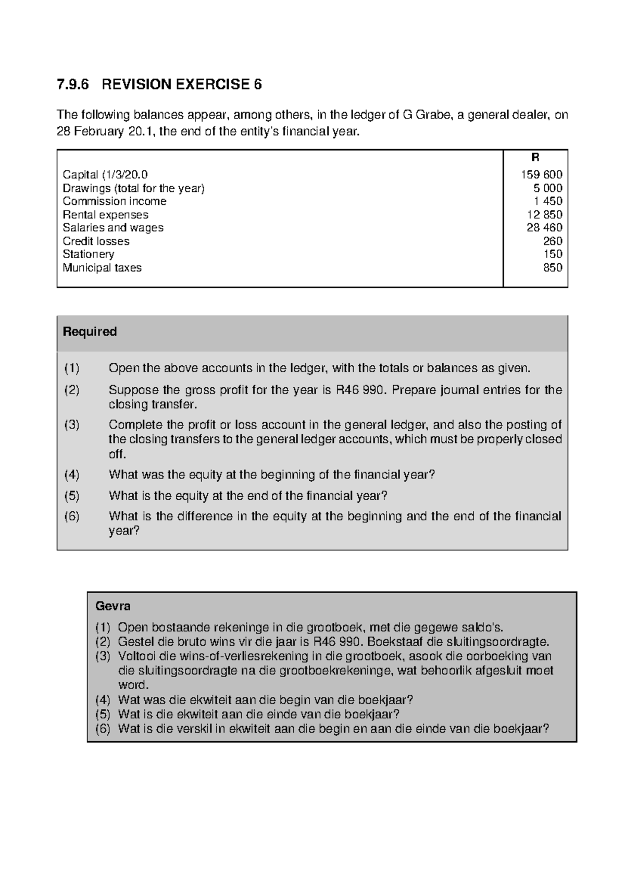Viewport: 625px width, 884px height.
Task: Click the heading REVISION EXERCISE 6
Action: point(182,84)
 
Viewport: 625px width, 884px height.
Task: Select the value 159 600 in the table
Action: point(542,175)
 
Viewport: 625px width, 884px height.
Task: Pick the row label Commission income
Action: point(115,201)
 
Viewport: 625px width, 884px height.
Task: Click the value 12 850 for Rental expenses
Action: point(545,215)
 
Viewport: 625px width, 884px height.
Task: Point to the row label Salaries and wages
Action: point(113,228)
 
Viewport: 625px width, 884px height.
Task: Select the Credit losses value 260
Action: point(553,241)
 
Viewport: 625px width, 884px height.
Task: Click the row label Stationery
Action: point(89,254)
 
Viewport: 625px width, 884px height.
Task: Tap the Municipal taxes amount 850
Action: point(553,268)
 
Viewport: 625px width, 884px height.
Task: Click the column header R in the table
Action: point(535,157)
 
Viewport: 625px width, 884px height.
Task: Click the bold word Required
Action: point(90,332)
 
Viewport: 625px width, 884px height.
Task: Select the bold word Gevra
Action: point(113,606)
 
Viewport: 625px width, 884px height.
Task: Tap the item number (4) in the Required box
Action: point(72,475)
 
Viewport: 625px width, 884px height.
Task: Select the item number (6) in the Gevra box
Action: point(103,729)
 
